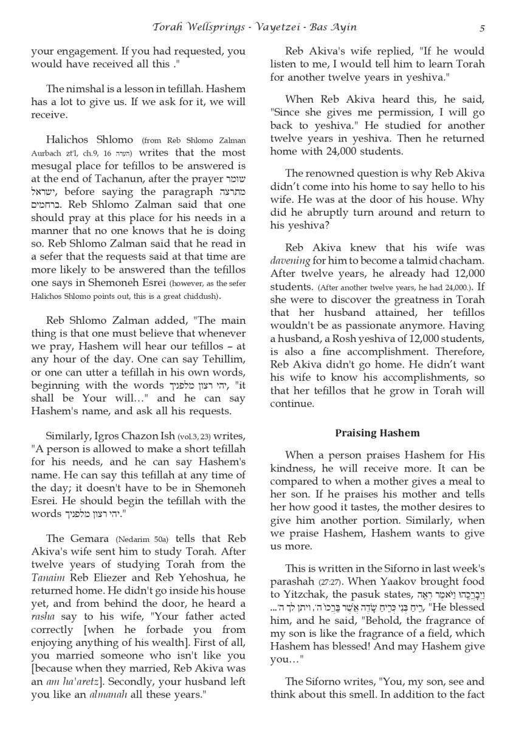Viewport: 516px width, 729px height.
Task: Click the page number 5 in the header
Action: coord(481,27)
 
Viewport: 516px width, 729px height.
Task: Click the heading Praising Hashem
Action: coord(377,433)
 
